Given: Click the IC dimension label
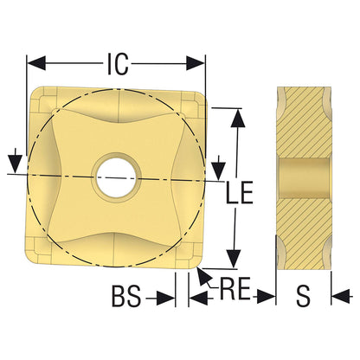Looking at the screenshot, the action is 118,64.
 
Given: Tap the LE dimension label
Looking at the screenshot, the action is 239,192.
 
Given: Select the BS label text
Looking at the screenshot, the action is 126,296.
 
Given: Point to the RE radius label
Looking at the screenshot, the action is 235,288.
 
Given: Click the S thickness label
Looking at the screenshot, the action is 304,296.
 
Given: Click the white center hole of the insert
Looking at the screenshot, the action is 116,177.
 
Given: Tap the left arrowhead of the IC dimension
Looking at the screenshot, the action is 36,63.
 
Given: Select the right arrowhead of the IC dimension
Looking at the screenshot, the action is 196,63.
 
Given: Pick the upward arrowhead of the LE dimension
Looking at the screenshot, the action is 238,118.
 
